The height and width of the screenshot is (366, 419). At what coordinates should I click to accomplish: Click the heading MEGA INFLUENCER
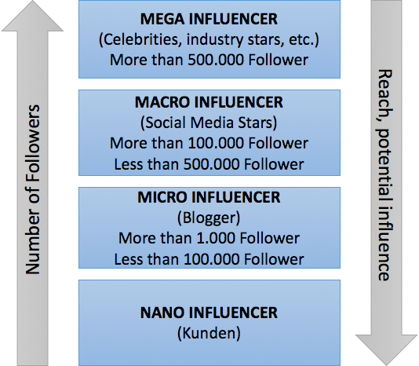coord(209,19)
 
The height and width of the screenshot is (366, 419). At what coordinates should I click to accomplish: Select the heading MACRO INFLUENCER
coord(209,102)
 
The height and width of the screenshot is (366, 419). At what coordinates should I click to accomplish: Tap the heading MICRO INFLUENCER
coord(209,197)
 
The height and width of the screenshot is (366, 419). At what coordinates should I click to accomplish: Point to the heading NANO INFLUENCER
coord(209,313)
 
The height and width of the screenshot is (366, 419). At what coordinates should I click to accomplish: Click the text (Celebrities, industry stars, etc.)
coord(209,39)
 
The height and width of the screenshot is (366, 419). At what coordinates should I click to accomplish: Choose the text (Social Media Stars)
coord(209,123)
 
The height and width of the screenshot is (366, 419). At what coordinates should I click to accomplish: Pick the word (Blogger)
coord(209,218)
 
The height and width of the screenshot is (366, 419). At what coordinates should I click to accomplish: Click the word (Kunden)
coord(209,333)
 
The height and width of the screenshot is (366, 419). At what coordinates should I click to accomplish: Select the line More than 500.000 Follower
coord(209,60)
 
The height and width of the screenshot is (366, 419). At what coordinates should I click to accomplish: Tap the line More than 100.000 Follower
coord(209,143)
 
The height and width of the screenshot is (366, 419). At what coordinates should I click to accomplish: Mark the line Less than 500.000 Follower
coord(209,164)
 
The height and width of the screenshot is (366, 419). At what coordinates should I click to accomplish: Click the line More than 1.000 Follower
coord(209,238)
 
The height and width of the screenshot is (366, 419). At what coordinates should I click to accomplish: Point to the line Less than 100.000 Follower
coord(209,259)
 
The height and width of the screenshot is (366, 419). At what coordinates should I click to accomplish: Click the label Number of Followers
coord(33,189)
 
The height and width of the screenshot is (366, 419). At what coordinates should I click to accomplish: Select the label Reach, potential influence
coord(384,175)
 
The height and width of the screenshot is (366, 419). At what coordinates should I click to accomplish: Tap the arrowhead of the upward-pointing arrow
coord(33,16)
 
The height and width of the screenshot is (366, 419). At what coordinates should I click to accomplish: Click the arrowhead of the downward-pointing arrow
coord(386,350)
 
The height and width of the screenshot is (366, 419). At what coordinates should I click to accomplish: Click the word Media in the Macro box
coord(212,123)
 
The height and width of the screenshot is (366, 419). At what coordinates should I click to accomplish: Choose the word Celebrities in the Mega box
coord(140,39)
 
